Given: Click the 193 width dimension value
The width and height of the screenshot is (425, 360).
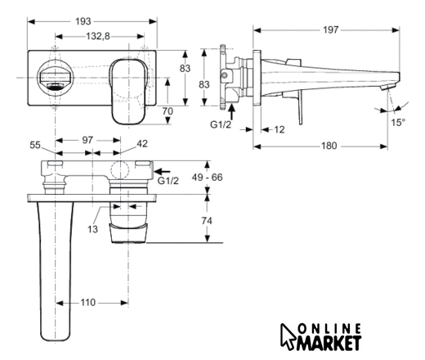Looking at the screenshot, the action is click(x=83, y=21).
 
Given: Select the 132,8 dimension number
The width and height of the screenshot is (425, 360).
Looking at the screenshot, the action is click(x=98, y=36).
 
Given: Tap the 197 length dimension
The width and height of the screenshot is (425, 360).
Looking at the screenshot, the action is click(x=331, y=29).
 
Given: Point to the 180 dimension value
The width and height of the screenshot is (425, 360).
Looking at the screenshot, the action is click(x=329, y=146).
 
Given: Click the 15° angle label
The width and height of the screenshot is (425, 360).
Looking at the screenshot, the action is click(x=398, y=123).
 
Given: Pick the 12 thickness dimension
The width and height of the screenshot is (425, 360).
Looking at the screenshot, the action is click(x=279, y=129).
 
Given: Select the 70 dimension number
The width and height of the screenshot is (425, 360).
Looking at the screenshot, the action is click(x=168, y=111).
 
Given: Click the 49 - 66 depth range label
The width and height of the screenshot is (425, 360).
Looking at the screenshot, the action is click(x=207, y=178).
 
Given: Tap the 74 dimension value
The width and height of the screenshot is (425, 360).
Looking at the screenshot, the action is click(x=207, y=221).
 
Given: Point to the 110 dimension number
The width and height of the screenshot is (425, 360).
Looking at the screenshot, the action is click(x=87, y=303).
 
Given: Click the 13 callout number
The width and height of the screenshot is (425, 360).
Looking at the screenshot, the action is click(x=92, y=229).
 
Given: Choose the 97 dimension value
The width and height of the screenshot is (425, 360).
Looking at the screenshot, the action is click(x=87, y=140).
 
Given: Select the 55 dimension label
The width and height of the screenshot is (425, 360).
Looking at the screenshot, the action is click(x=35, y=145).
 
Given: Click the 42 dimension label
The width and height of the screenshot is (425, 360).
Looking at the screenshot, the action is click(x=142, y=144).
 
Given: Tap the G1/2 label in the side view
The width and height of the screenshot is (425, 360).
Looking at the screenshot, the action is click(x=221, y=124).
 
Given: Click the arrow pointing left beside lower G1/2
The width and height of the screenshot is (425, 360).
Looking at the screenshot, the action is click(x=162, y=172).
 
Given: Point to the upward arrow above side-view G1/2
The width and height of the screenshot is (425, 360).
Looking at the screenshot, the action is click(x=231, y=112).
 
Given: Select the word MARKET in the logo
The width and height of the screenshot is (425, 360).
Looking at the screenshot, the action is click(x=329, y=343).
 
